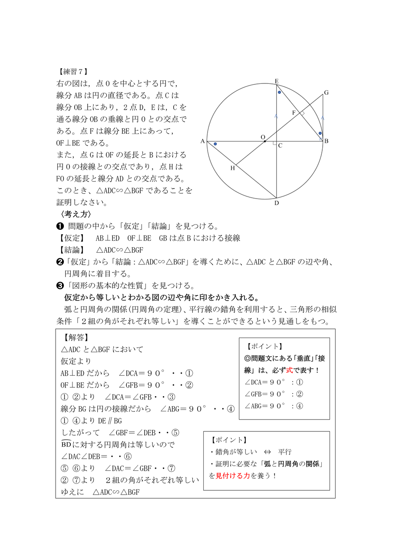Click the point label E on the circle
277,81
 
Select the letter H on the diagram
232,168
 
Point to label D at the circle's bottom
277,203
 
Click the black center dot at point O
265,141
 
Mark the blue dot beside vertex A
215,144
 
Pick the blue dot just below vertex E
279,92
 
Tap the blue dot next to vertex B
320,133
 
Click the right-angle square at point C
274,143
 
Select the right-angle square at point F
303,113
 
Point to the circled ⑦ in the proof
172,468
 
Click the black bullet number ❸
60,285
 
